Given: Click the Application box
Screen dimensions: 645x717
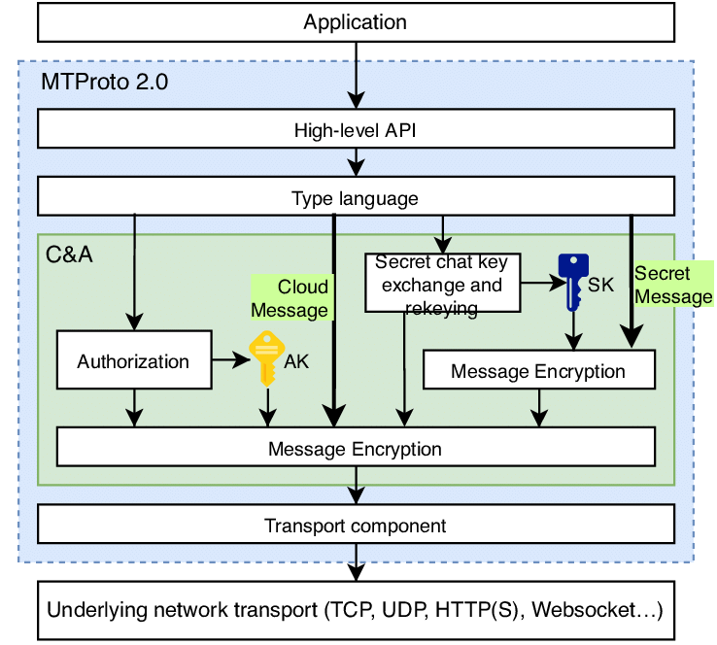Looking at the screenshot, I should pyautogui.click(x=355, y=21).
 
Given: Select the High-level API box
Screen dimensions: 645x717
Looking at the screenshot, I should pyautogui.click(x=355, y=129).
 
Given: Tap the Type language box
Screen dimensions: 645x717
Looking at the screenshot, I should pyautogui.click(x=355, y=199).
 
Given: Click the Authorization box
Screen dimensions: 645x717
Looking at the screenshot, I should pyautogui.click(x=134, y=361).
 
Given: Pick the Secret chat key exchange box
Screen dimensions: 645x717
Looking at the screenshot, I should pyautogui.click(x=442, y=284).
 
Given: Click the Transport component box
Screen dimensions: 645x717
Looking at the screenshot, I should pyautogui.click(x=355, y=526).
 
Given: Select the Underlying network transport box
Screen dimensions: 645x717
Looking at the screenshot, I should pyautogui.click(x=355, y=611).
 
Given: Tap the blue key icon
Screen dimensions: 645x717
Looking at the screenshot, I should pyautogui.click(x=572, y=282).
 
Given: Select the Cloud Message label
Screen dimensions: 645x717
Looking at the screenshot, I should pyautogui.click(x=291, y=298).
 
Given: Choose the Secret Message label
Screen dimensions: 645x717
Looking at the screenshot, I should pyautogui.click(x=672, y=286).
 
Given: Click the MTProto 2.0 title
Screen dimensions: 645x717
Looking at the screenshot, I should pyautogui.click(x=105, y=82).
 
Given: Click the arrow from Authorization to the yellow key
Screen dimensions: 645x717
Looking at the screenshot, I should pyautogui.click(x=231, y=361).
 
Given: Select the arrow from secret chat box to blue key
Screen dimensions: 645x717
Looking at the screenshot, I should pyautogui.click(x=539, y=284).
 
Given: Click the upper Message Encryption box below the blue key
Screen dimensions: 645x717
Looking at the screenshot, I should pyautogui.click(x=538, y=371).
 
